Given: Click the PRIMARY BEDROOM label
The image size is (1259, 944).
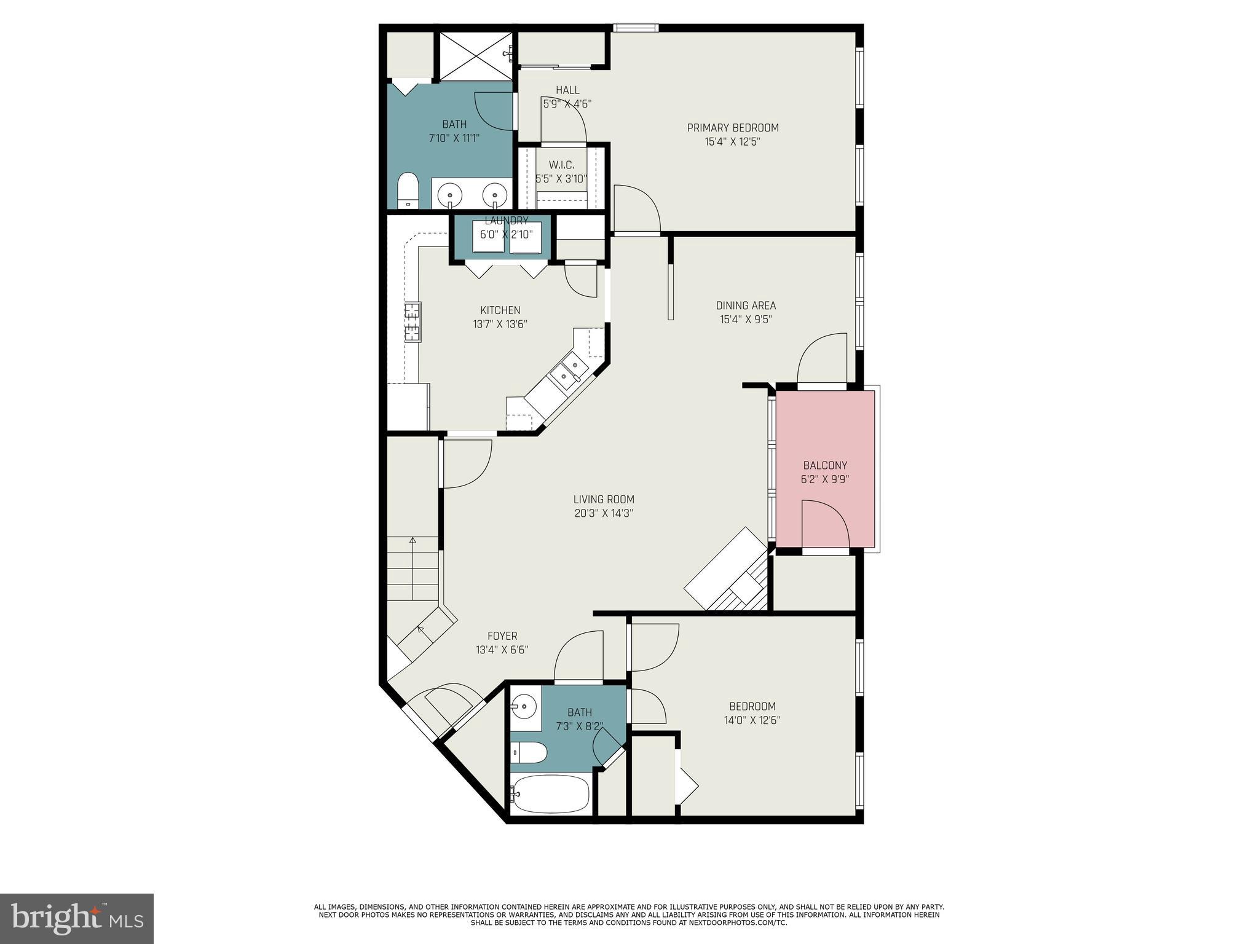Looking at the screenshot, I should [x=732, y=128].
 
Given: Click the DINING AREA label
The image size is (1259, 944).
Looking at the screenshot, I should [x=746, y=305].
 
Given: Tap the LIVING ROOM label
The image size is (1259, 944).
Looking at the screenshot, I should [x=604, y=500].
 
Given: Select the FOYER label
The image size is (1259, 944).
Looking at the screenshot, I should [x=502, y=636].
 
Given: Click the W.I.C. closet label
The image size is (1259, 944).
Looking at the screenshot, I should [x=561, y=165].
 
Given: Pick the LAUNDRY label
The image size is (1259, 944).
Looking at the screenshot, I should [x=507, y=221].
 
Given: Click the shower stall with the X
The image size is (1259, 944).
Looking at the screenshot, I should [x=474, y=56].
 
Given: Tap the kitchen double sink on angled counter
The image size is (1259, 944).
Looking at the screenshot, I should [x=568, y=372].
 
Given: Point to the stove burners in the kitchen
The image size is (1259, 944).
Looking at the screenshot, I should [x=412, y=321].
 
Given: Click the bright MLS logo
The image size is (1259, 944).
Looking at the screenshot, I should [x=77, y=919].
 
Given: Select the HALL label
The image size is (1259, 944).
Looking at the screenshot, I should [x=567, y=90].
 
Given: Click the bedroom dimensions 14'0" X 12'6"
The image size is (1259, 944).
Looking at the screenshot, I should [x=752, y=720].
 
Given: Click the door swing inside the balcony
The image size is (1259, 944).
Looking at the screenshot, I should [x=824, y=523].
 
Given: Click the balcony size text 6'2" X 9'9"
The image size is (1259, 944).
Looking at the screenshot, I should [x=825, y=479].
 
